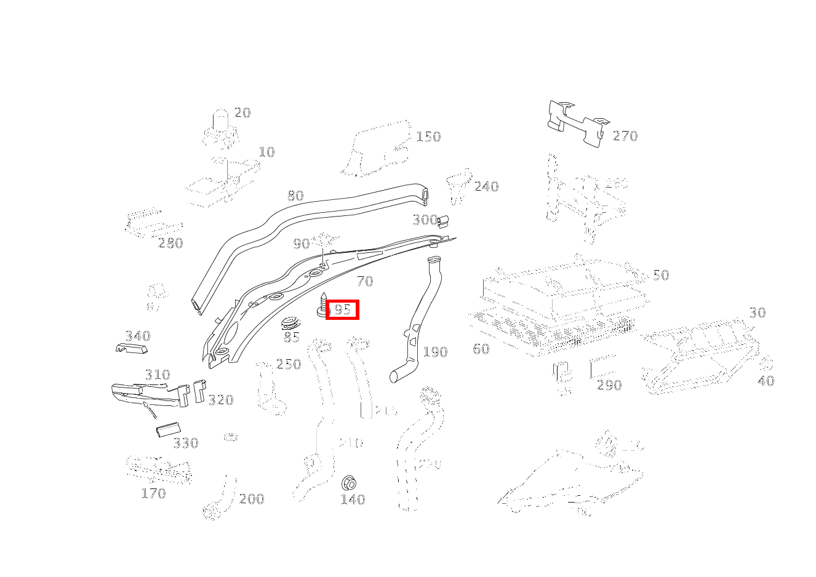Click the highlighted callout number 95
[x=342, y=310]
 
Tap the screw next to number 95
[x=322, y=304]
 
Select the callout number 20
[x=242, y=113]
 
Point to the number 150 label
[x=428, y=137]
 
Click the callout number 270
[x=625, y=136]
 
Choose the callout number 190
[x=435, y=352]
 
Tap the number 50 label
[x=660, y=275]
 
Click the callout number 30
[x=757, y=312]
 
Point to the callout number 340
[x=138, y=336]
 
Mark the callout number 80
[x=295, y=196]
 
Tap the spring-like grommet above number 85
[x=290, y=324]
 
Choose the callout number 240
[x=486, y=186]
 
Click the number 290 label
[x=609, y=385]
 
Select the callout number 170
[x=153, y=493]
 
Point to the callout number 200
[x=251, y=499]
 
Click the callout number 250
[x=288, y=364]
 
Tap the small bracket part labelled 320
[x=199, y=390]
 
